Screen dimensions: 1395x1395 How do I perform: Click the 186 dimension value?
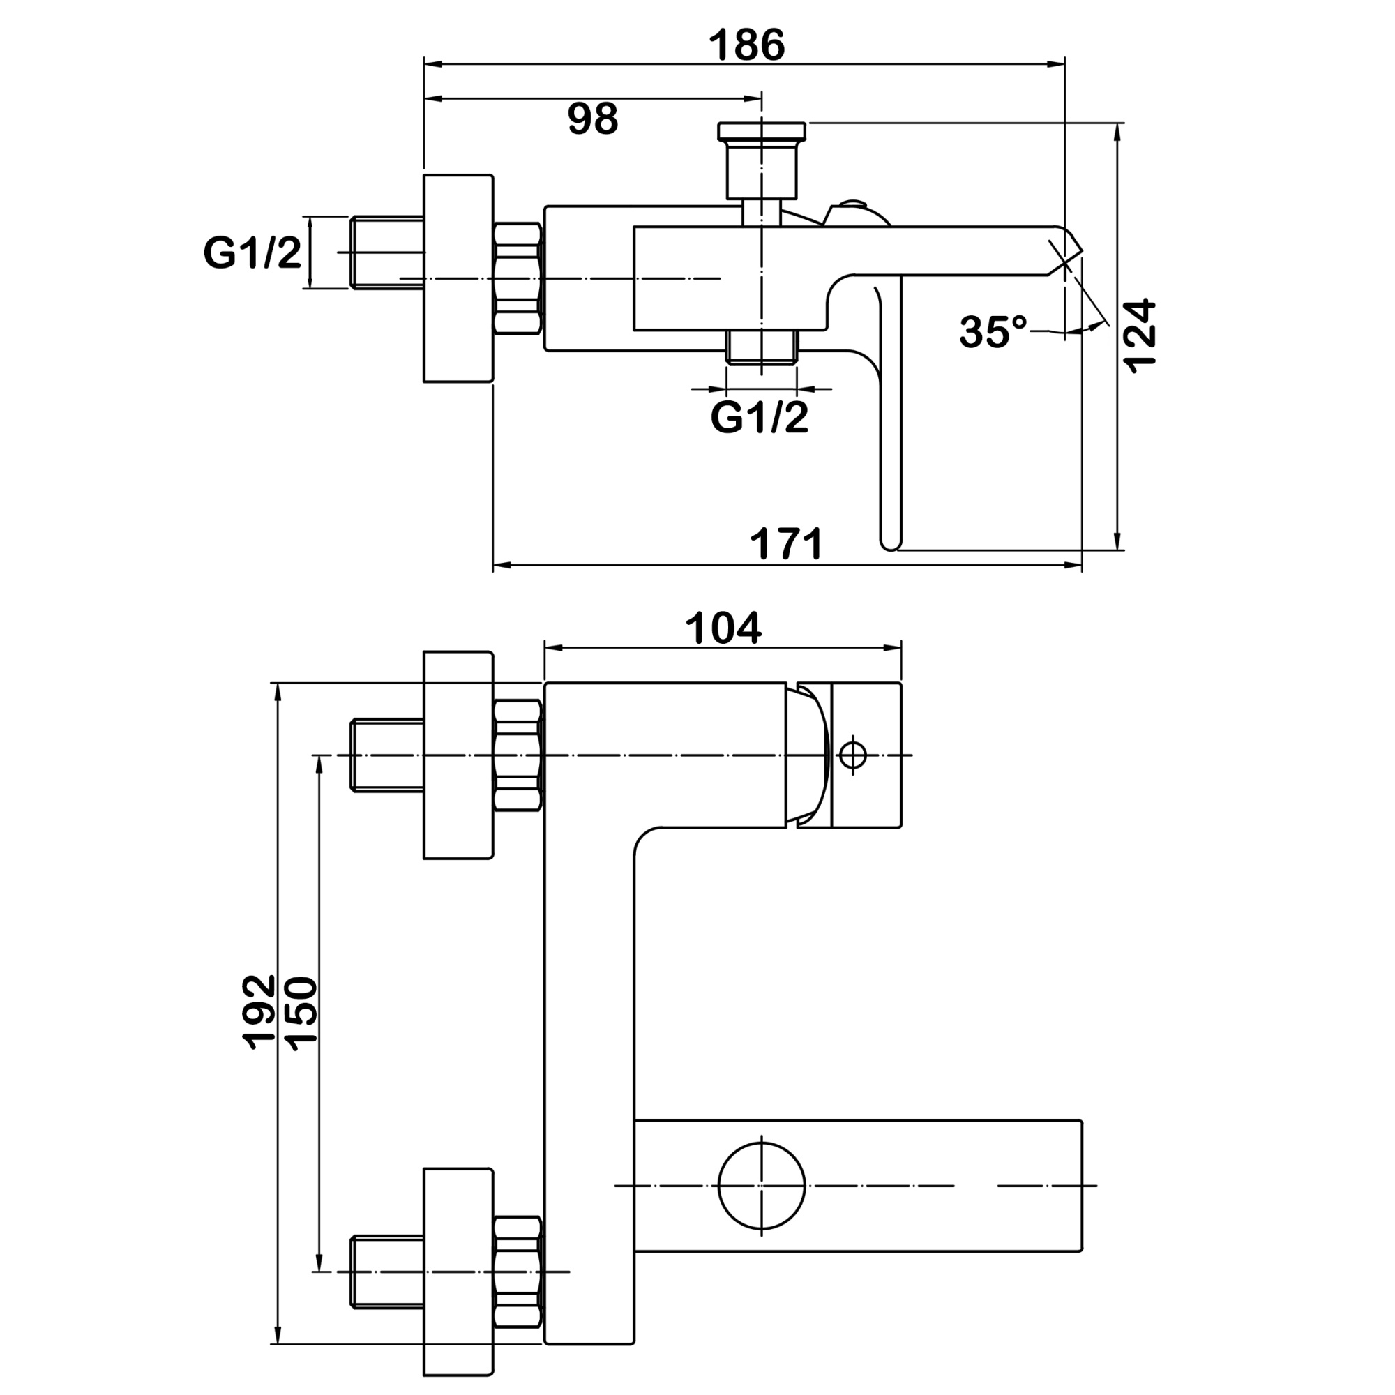[x=746, y=45]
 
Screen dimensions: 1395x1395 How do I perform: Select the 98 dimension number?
[x=593, y=119]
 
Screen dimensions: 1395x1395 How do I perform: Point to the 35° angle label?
[x=993, y=332]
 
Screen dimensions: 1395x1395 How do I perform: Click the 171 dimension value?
[x=786, y=544]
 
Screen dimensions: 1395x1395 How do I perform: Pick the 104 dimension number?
[x=723, y=628]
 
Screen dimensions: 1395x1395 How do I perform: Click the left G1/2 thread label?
[x=252, y=253]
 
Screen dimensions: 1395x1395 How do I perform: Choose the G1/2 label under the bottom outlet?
[x=760, y=417]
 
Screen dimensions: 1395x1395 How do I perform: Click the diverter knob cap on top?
[x=762, y=130]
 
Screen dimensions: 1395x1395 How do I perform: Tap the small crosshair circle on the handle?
[x=853, y=755]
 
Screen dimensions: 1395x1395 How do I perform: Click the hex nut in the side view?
[x=518, y=279]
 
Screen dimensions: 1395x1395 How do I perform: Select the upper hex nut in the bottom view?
[x=518, y=755]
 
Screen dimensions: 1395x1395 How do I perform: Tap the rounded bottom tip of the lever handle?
[x=891, y=541]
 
